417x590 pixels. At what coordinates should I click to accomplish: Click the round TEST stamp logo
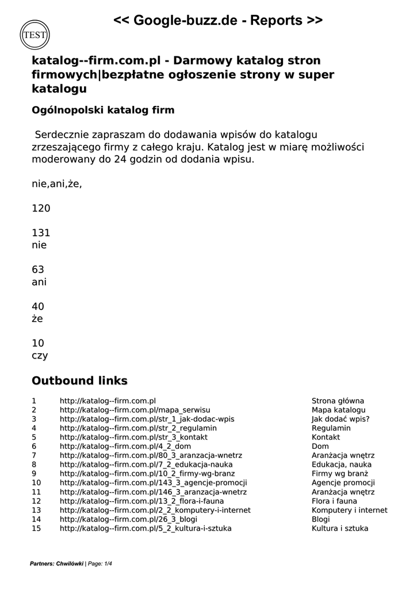pos(35,35)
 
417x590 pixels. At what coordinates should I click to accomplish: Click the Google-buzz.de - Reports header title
pos(217,21)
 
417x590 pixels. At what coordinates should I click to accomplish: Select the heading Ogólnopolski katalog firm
pos(103,110)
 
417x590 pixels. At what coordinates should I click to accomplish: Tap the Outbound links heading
pos(79,381)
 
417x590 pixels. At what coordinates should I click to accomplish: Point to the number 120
pos(41,209)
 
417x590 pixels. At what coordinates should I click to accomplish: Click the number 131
pos(41,233)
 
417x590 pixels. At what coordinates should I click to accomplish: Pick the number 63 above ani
pos(38,270)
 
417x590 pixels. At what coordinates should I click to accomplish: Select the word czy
pos(40,355)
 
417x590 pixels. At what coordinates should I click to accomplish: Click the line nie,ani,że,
pos(56,184)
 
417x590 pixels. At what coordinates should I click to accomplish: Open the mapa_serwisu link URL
pos(135,410)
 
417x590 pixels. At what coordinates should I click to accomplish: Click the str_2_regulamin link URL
pos(138,429)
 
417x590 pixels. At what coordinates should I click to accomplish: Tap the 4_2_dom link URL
pos(125,447)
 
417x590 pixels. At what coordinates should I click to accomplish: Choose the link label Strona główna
pos(338,401)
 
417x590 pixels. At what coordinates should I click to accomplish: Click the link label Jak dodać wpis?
pos(341,419)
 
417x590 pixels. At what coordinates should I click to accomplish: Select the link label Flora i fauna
pos(334,501)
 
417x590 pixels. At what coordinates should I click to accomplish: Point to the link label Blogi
pos(321,519)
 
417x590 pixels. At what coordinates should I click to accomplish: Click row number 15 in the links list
pos(36,528)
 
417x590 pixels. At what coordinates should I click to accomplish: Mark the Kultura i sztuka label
pos(340,528)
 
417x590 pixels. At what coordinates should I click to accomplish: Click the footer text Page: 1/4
pos(100,563)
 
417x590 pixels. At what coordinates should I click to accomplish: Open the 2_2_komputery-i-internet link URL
pos(155,510)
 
